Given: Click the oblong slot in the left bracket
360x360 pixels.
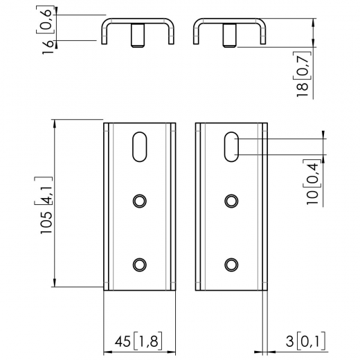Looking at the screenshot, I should pyautogui.click(x=140, y=147).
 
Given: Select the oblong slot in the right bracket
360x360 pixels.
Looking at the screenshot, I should pyautogui.click(x=231, y=147).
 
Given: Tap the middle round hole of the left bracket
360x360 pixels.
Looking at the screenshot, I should pyautogui.click(x=140, y=201).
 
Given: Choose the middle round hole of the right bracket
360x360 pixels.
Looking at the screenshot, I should pyautogui.click(x=231, y=201).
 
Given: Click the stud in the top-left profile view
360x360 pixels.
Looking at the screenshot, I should pyautogui.click(x=138, y=36).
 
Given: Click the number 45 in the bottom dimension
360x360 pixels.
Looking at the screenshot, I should pyautogui.click(x=122, y=342).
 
